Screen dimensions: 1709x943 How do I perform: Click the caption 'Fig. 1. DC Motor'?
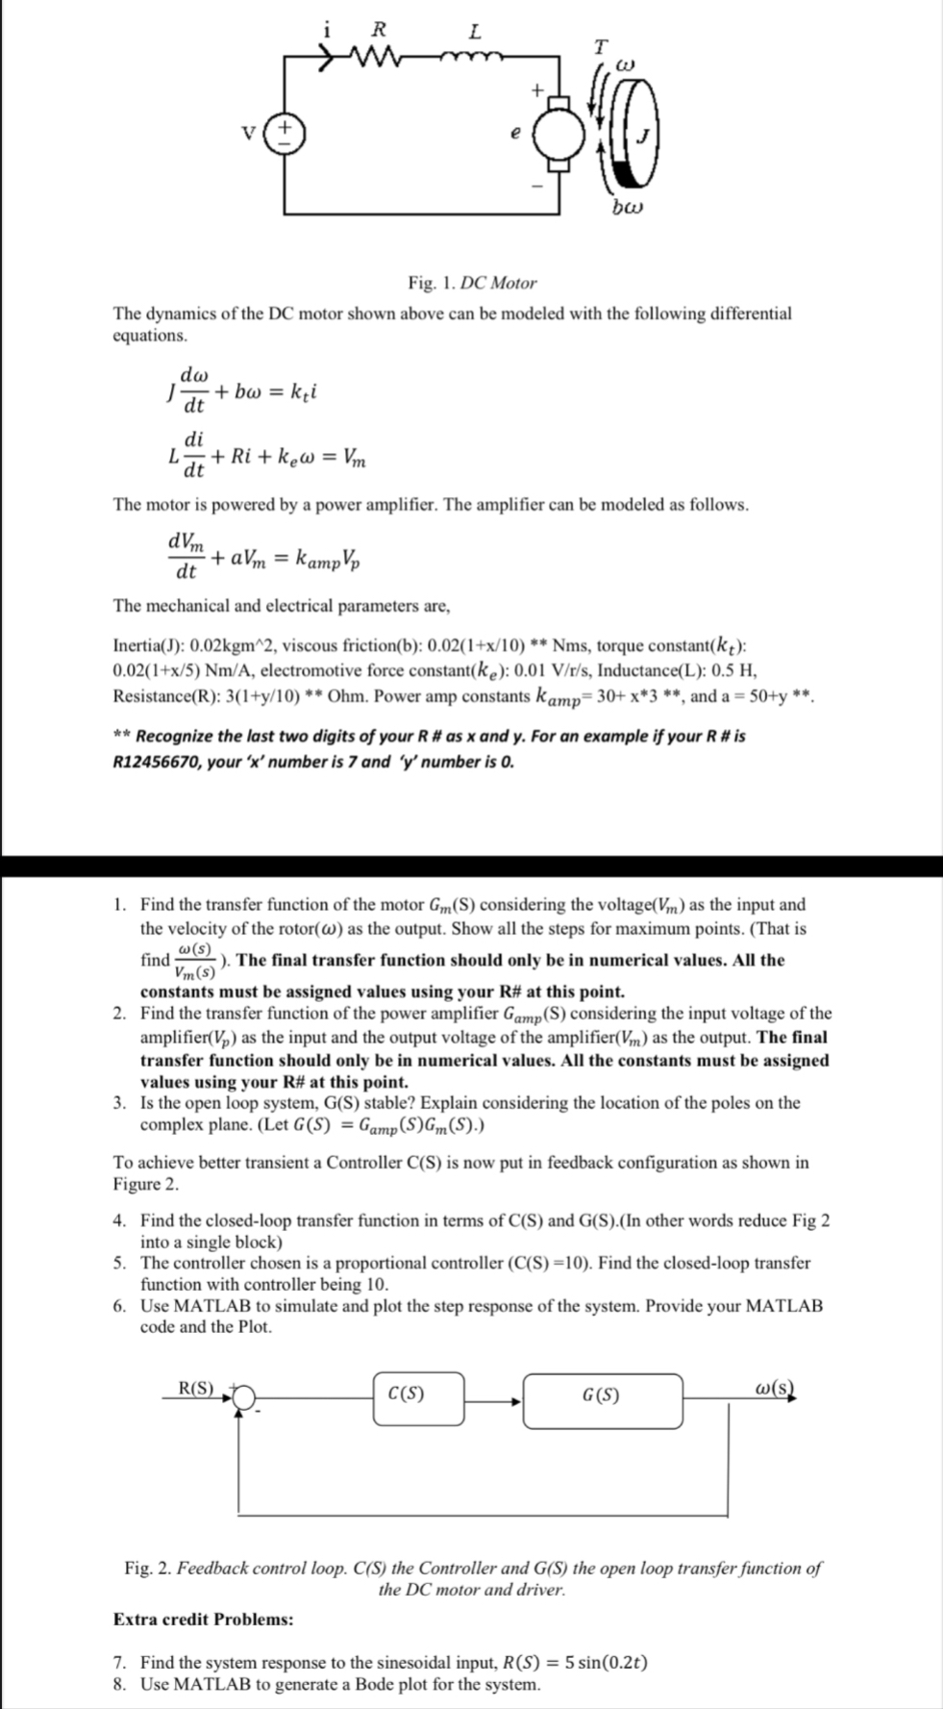[x=472, y=283]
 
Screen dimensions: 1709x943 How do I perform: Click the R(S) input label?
[x=197, y=1387]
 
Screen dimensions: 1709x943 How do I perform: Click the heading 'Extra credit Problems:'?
[x=204, y=1619]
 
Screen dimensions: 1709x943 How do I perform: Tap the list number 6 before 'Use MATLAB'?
[x=118, y=1306]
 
